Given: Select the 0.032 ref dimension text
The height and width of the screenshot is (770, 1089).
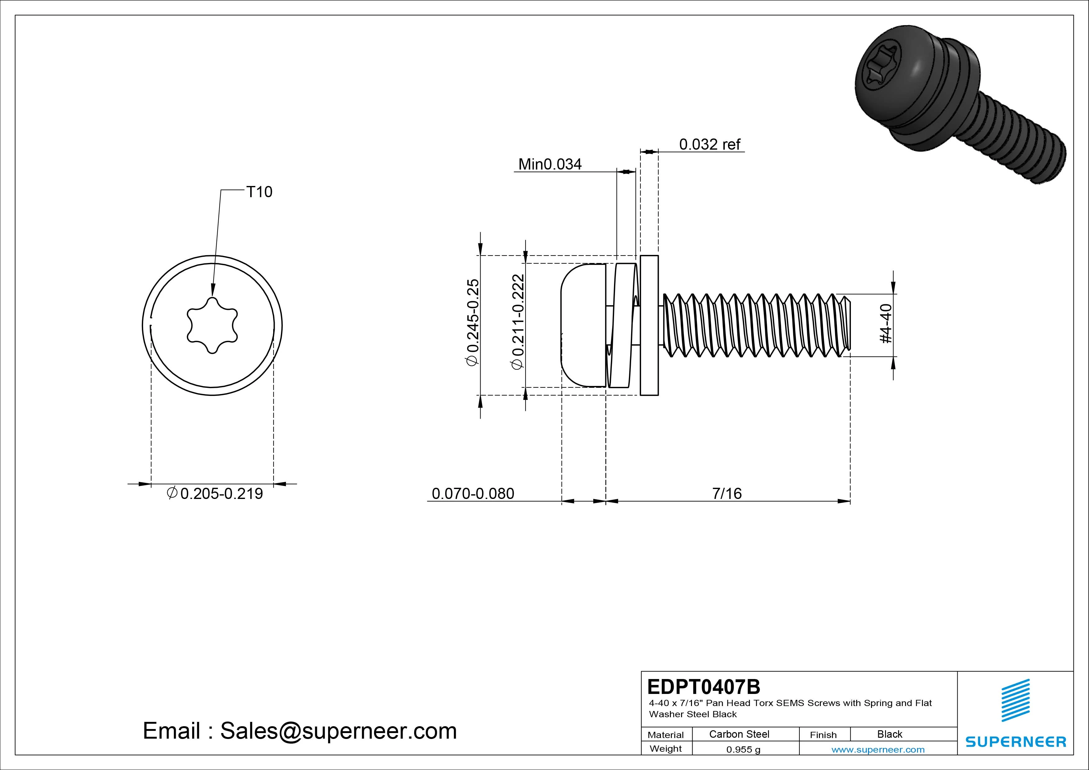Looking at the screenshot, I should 710,144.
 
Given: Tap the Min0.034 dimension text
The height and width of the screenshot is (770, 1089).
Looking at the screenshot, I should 550,164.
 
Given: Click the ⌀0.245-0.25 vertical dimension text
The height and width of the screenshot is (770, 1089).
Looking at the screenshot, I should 472,323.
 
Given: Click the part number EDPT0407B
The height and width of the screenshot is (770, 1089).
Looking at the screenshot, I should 703,686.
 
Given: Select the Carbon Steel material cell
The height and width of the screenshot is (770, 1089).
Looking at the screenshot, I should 739,734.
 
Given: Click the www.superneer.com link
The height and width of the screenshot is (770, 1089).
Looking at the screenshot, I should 878,750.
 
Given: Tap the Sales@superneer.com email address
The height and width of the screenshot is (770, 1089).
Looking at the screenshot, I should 338,731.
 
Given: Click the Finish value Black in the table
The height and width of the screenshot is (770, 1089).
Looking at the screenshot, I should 889,734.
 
